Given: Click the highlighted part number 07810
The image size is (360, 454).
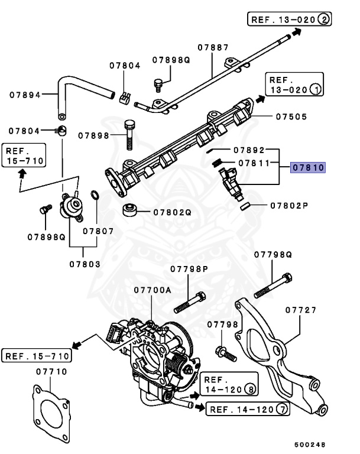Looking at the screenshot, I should click(x=308, y=168).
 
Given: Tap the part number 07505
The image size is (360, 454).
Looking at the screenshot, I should click(x=291, y=117).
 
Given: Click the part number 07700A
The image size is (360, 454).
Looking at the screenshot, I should click(x=152, y=290).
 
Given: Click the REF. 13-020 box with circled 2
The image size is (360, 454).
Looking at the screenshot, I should click(x=290, y=20).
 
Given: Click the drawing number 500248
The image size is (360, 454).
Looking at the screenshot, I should click(x=309, y=445).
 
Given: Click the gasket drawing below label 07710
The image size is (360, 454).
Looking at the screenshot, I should click(x=52, y=411).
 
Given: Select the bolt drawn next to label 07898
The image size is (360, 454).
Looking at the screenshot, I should click(x=129, y=135).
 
